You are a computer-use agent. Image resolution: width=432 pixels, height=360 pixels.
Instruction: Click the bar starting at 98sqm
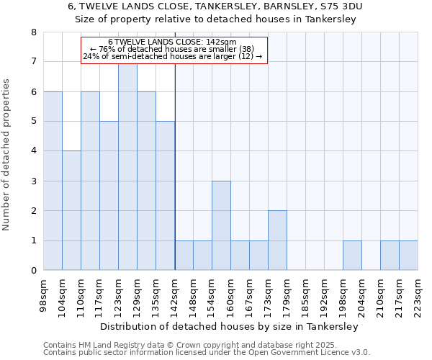coord(53,181)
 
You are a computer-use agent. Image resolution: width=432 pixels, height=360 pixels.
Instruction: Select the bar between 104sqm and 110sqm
coord(71,210)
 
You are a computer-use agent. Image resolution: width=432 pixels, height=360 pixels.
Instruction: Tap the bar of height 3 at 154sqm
coord(221,225)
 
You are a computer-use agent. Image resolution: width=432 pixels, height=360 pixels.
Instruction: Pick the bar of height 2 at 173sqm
coord(277,240)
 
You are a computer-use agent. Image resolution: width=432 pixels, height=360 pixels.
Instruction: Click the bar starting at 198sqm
coord(352,256)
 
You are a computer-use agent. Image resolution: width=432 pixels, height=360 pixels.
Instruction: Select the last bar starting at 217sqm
coord(408,256)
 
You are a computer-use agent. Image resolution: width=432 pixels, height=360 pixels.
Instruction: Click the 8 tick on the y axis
coord(34,32)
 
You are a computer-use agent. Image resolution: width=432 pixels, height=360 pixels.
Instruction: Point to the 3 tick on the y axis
coord(34,181)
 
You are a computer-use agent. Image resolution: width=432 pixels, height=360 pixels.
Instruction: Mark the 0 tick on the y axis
coord(34,271)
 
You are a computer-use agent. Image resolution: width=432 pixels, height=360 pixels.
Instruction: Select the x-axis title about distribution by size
coord(229,326)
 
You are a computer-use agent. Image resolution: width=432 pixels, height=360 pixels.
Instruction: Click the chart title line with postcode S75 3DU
coord(216,6)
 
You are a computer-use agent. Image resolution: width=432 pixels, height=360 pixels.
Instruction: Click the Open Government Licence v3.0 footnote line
coord(207,353)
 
